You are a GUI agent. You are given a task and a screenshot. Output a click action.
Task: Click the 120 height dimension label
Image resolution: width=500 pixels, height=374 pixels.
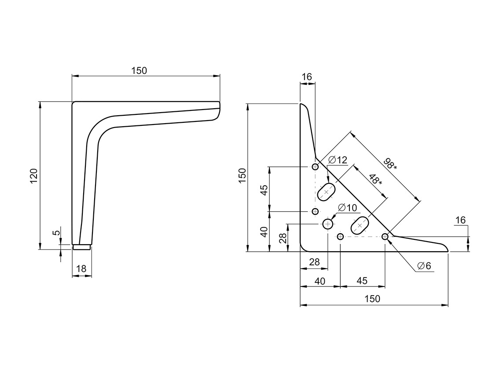(34, 176)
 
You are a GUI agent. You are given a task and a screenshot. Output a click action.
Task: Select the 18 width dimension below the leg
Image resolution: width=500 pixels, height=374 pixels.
(82, 268)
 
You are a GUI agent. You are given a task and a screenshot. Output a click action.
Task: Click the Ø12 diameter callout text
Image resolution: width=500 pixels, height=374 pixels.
(338, 160)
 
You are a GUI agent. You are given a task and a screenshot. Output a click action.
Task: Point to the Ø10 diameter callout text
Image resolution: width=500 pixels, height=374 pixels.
(347, 208)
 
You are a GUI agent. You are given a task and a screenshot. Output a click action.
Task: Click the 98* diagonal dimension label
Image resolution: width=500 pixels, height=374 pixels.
(390, 163)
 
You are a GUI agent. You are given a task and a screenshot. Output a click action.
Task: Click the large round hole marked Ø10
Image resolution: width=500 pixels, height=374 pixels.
(328, 224)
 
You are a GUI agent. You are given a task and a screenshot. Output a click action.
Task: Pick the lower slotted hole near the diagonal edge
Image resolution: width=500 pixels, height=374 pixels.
(360, 225)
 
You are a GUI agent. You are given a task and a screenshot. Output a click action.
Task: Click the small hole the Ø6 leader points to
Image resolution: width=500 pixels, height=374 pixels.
(385, 237)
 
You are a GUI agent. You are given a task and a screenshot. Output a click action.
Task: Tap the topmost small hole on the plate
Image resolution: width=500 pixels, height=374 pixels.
(315, 167)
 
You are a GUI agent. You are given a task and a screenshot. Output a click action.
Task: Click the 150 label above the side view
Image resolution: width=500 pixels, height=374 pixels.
(139, 70)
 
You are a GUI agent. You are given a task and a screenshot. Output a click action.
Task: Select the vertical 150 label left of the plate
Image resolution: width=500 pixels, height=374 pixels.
(242, 176)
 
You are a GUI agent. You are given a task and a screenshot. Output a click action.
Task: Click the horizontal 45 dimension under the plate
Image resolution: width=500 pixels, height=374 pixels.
(362, 281)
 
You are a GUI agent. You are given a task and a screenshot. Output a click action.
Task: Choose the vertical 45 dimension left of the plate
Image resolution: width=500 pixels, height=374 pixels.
(264, 190)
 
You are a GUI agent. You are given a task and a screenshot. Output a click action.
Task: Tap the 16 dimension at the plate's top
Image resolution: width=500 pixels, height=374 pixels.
(307, 77)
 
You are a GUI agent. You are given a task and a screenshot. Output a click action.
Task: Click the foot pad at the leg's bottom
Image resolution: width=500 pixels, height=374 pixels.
(82, 247)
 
